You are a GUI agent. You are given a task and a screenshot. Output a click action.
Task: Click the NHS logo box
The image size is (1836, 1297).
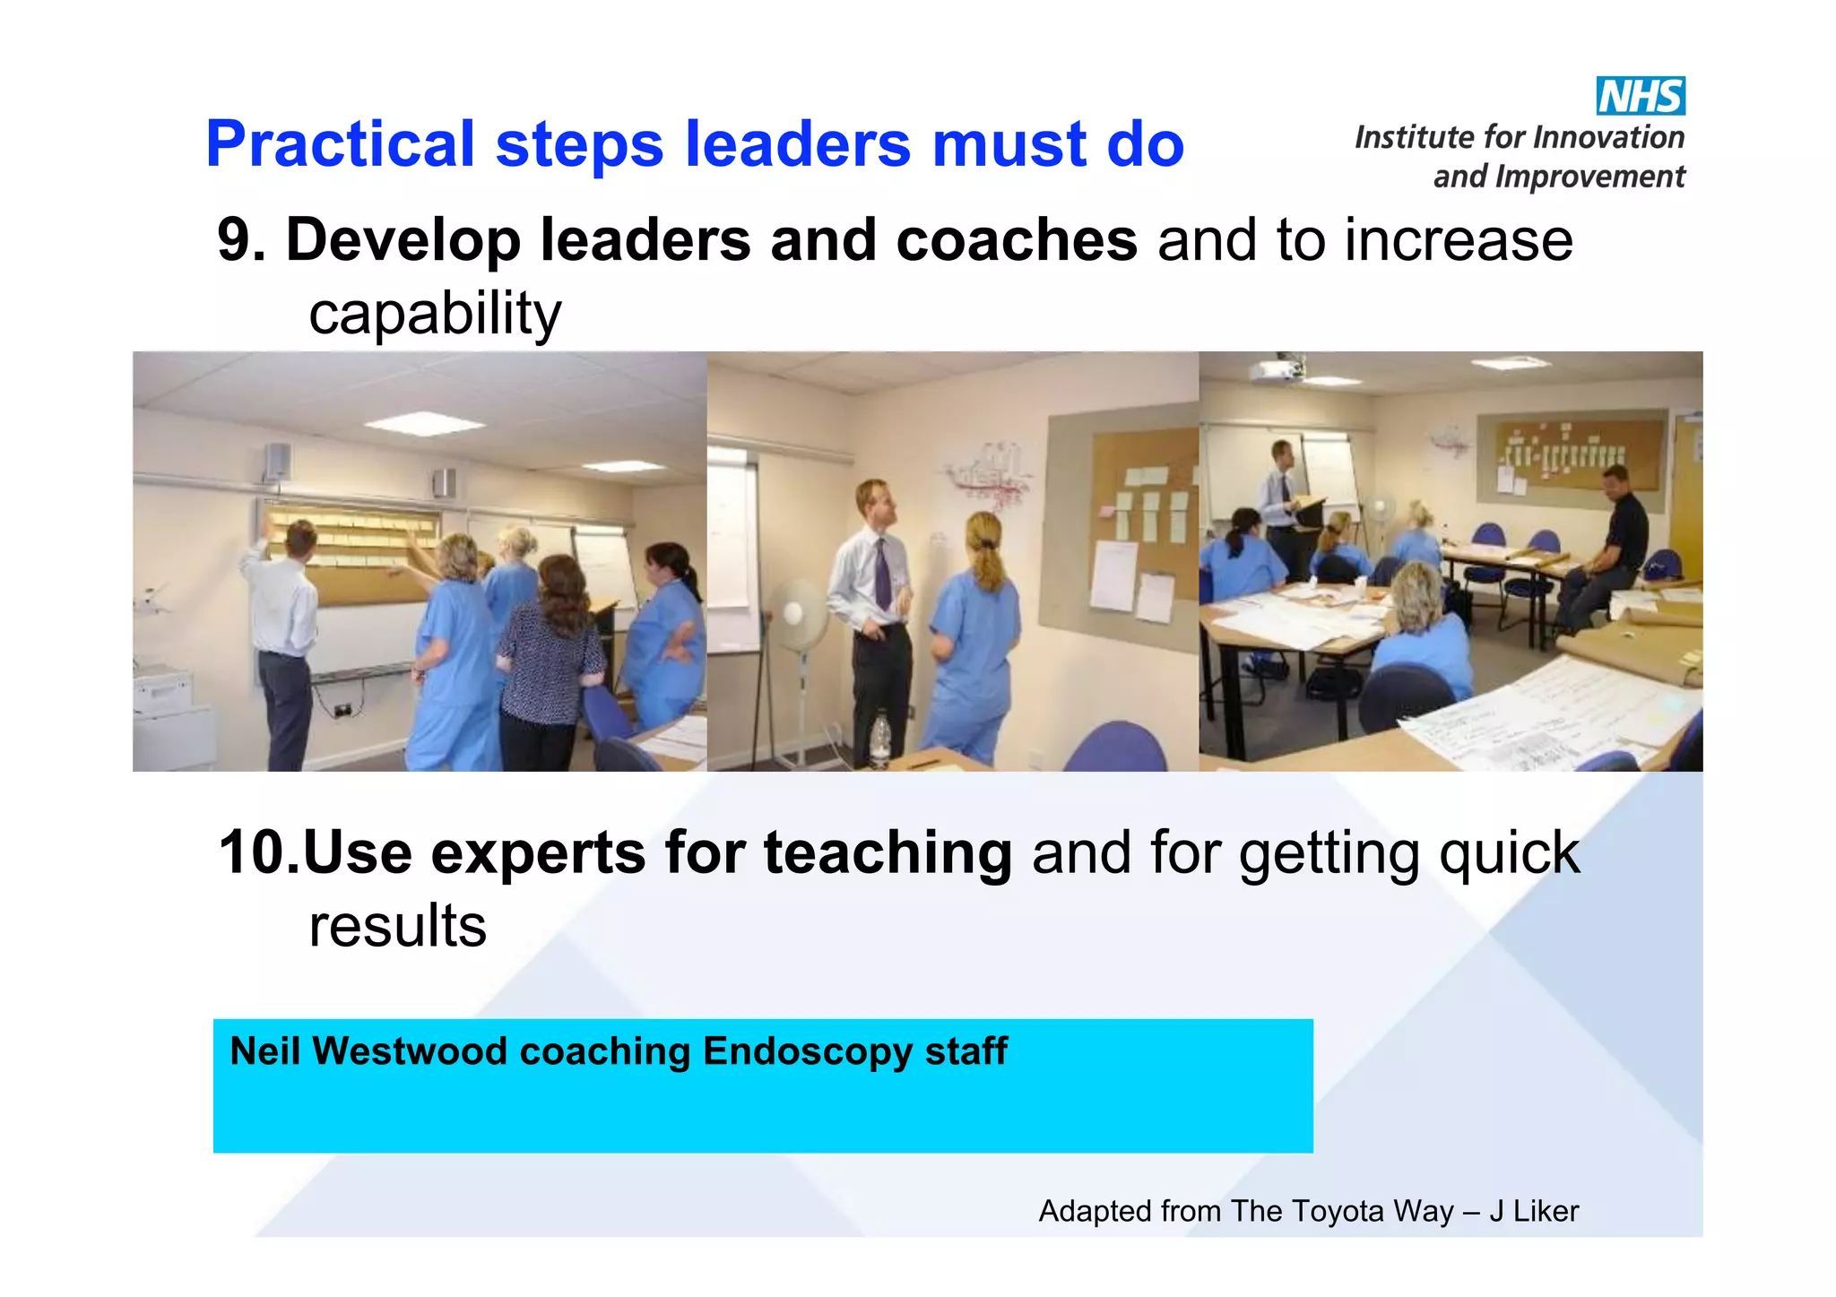[x=1640, y=96]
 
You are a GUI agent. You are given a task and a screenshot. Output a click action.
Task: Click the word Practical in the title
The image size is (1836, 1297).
[x=340, y=144]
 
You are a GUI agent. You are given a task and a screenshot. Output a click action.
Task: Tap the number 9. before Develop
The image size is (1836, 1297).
[x=240, y=240]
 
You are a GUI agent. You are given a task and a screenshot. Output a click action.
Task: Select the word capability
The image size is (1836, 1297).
[x=435, y=314]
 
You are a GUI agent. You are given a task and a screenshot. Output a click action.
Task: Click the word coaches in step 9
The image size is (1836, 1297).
[x=1016, y=240]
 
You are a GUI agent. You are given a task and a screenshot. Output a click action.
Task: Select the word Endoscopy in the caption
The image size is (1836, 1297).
[x=806, y=1051]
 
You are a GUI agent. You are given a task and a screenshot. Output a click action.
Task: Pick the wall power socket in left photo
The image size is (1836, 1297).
[x=342, y=710]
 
